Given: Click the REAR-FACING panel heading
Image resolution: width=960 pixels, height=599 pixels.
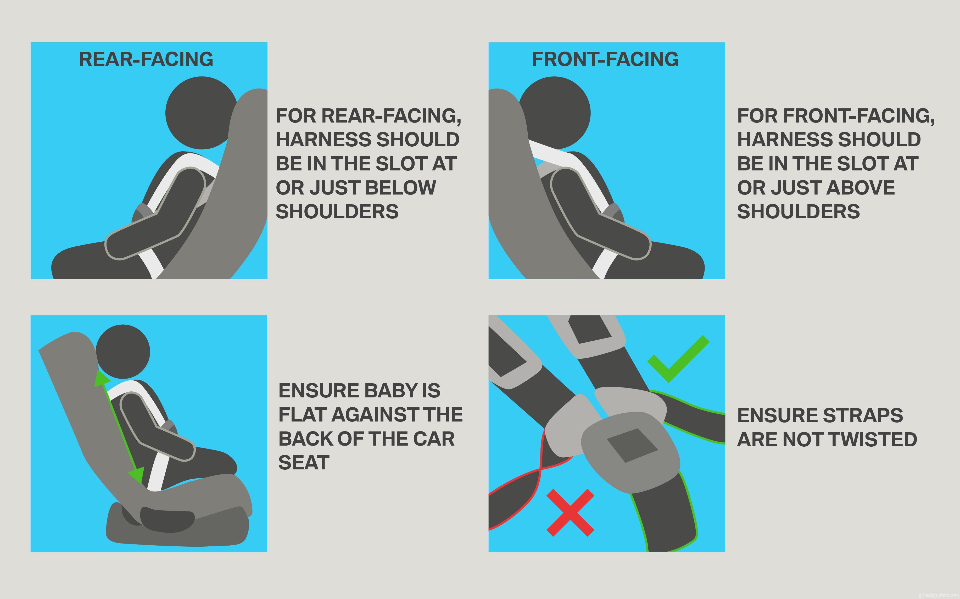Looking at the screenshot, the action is click(x=146, y=59).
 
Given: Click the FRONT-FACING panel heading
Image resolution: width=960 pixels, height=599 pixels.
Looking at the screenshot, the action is click(x=605, y=59).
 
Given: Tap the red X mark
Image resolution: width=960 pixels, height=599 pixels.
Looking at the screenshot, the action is click(x=570, y=513).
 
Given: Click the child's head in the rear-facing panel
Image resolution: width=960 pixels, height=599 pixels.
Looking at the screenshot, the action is click(x=202, y=113).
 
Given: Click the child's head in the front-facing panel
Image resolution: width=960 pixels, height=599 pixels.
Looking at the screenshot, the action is click(x=554, y=113).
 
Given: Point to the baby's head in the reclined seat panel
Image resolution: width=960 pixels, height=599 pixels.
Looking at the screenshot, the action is click(x=123, y=351).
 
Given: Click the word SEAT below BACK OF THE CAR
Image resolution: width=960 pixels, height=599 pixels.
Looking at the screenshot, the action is click(x=304, y=463).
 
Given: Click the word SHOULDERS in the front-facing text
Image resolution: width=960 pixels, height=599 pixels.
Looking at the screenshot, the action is click(x=799, y=212).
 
